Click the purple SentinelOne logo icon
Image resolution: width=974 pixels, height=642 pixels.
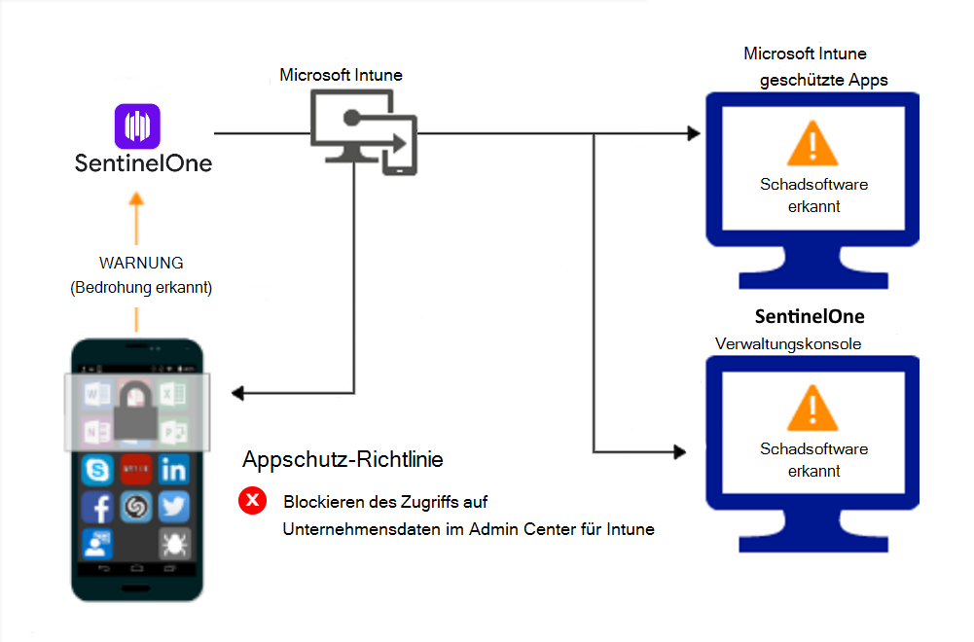coord(137,126)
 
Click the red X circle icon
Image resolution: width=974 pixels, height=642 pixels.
coord(253,502)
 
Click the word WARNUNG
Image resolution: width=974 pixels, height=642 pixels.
coord(141,264)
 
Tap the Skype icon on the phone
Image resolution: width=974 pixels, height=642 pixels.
coord(96,471)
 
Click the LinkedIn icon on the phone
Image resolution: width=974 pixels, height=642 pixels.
coord(174,471)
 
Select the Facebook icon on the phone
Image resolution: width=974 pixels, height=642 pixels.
coord(96,507)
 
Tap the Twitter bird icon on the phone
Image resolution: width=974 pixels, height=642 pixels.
coord(174,507)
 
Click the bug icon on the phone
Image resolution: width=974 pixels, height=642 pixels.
coord(174,543)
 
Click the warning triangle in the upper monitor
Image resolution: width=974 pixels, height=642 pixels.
coord(812,145)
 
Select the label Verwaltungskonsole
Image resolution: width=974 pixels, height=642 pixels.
coord(788,343)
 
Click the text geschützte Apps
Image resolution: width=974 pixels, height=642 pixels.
coord(823,80)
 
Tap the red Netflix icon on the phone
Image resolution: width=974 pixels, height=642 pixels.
coord(135,471)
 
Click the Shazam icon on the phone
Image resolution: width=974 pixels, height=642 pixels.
coord(135,507)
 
